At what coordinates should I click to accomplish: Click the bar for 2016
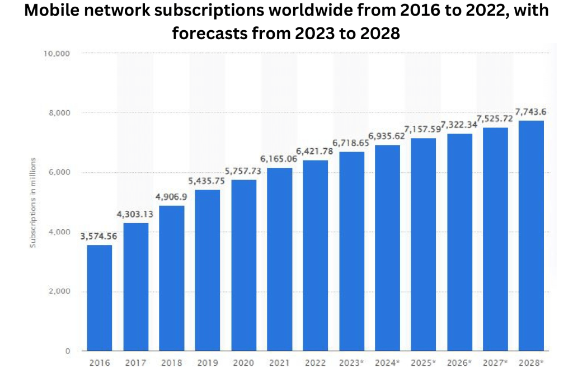pos(100,298)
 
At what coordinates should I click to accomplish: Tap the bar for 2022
pos(316,256)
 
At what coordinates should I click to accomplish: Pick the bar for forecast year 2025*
pos(424,244)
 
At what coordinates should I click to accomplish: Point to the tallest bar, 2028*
pos(532,235)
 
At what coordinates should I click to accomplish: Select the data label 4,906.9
pos(171,197)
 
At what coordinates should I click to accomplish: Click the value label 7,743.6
pos(532,112)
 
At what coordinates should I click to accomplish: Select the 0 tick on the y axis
pos(67,351)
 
